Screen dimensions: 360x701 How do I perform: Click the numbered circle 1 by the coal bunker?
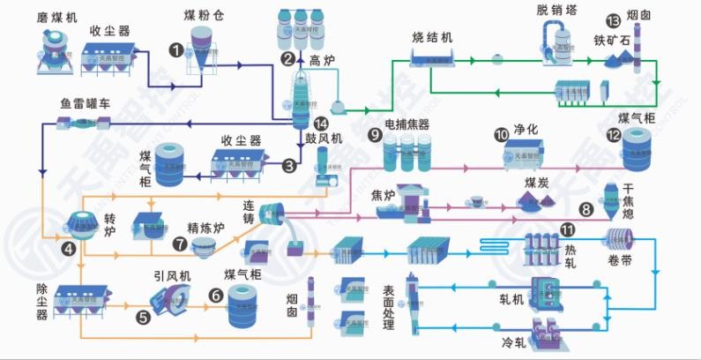tap(177, 50)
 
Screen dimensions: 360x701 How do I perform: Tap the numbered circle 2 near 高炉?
tap(287, 60)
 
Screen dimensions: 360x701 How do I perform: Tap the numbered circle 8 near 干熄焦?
tap(585, 209)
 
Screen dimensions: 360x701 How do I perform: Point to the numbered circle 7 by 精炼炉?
tap(180, 244)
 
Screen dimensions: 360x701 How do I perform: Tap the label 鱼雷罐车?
tap(86, 103)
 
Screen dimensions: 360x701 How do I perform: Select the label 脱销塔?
tap(555, 10)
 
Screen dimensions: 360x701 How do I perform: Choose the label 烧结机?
tap(432, 37)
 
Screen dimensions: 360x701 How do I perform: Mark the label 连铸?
tap(256, 213)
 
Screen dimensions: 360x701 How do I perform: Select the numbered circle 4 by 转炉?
tap(68, 249)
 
